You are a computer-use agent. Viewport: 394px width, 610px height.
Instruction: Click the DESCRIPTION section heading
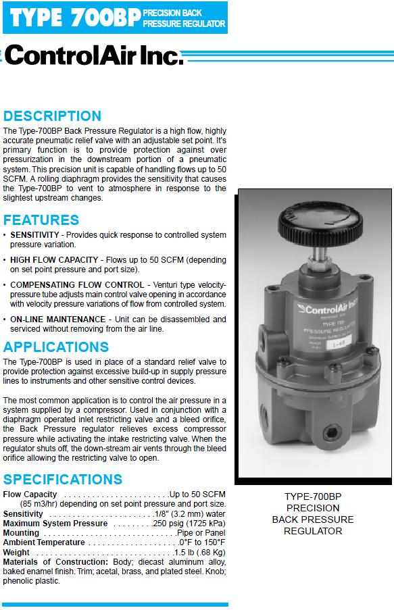coord(52,116)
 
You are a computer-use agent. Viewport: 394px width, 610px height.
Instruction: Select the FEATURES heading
coord(41,220)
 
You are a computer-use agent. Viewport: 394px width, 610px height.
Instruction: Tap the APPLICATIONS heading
coord(56,347)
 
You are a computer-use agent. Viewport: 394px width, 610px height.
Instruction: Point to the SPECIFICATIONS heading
coord(63,480)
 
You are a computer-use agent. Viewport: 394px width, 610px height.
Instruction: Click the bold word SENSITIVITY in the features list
coord(35,234)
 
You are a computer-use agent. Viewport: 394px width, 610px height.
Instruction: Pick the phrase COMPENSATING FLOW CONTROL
coord(77,285)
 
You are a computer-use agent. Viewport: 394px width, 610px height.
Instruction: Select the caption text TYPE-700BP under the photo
coord(312,496)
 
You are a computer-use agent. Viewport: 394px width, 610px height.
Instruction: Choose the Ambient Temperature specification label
coord(44,542)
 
